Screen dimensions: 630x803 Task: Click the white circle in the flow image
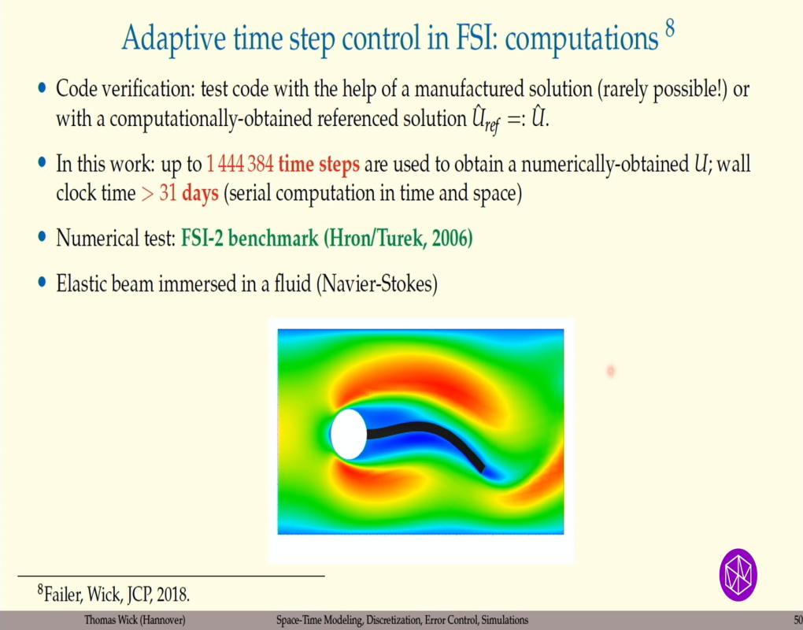click(348, 434)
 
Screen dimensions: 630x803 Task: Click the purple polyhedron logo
click(738, 573)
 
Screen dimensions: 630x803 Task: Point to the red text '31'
click(168, 194)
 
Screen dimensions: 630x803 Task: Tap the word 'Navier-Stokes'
click(377, 283)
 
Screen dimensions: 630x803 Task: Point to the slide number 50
click(797, 621)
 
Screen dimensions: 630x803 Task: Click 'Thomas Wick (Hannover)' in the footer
click(135, 621)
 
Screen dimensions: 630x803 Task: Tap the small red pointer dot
click(610, 370)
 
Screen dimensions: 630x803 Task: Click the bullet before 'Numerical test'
click(42, 236)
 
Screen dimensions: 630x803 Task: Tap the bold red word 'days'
click(200, 194)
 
